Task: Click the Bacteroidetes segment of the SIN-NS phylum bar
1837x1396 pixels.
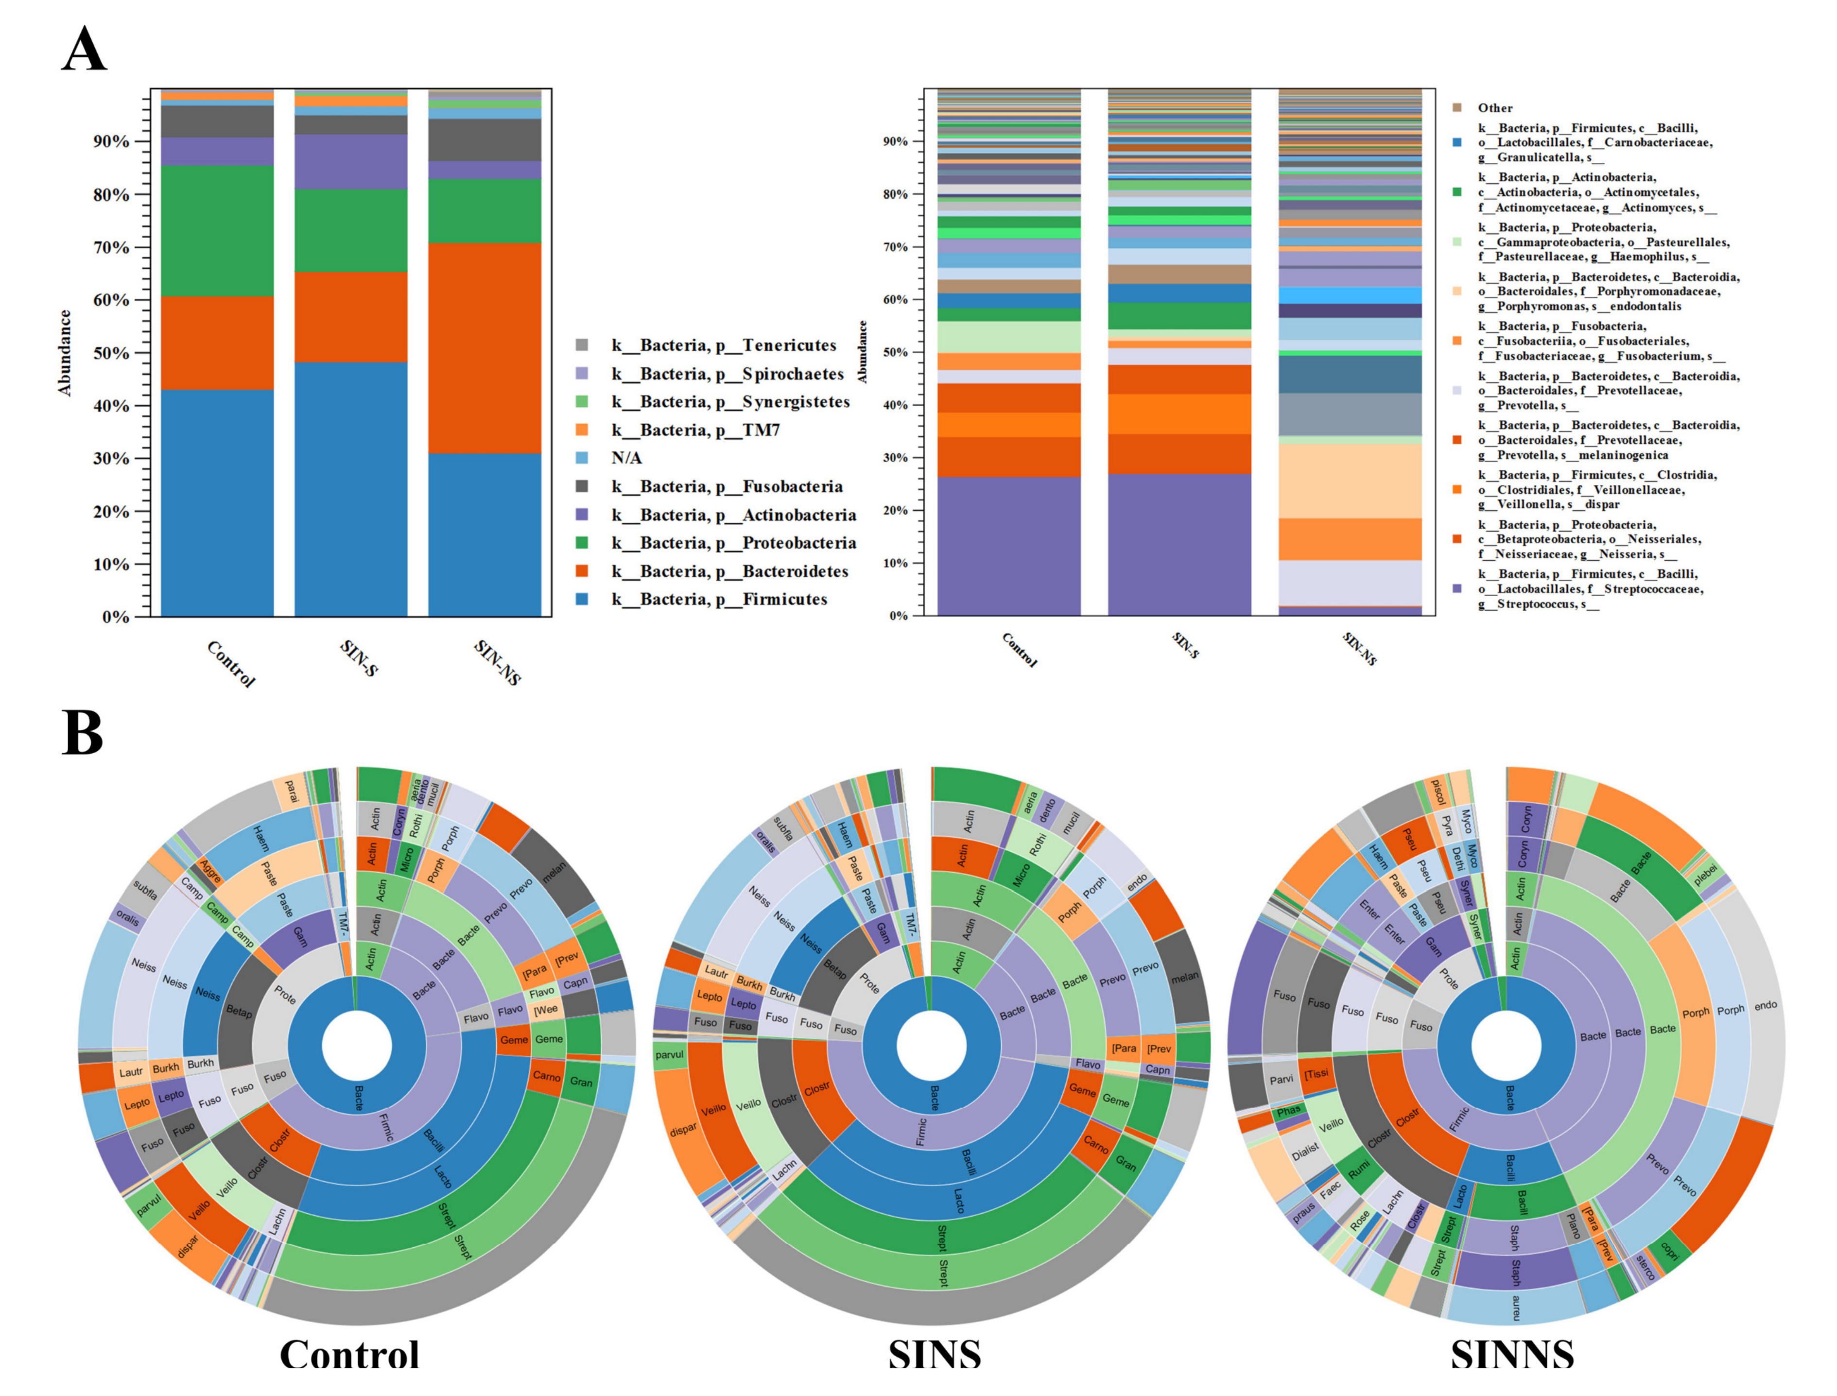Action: point(485,347)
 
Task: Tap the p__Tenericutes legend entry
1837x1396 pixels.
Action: point(723,345)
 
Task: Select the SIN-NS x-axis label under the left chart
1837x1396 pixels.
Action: point(497,662)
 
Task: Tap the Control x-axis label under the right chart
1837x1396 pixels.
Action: point(1020,650)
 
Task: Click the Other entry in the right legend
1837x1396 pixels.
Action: point(1495,108)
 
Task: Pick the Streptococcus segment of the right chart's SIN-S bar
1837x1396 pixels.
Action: point(1179,544)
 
